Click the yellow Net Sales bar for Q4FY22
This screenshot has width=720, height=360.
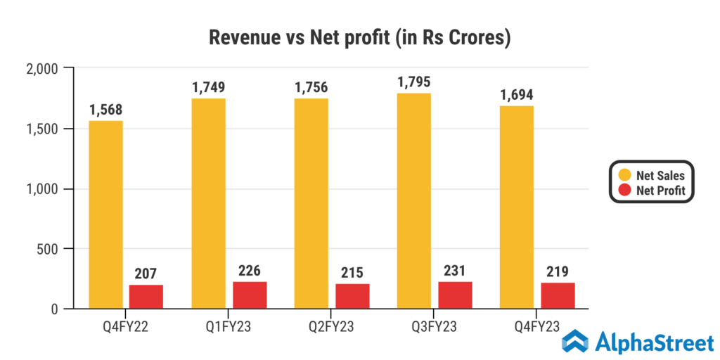click(105, 214)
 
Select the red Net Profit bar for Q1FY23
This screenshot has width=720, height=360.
click(250, 295)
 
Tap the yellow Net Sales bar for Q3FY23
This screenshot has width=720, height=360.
click(414, 200)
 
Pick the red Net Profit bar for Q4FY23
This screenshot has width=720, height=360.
click(558, 296)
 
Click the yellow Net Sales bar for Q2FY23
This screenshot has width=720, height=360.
click(311, 204)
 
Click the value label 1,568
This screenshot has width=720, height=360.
click(105, 110)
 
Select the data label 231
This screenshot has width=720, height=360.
click(455, 271)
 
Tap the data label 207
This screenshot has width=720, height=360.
click(146, 274)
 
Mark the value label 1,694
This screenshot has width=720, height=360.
click(516, 94)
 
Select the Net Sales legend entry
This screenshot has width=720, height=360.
click(655, 175)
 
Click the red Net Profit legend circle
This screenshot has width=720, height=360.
click(624, 190)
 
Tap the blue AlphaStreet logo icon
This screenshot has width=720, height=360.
click(575, 341)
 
